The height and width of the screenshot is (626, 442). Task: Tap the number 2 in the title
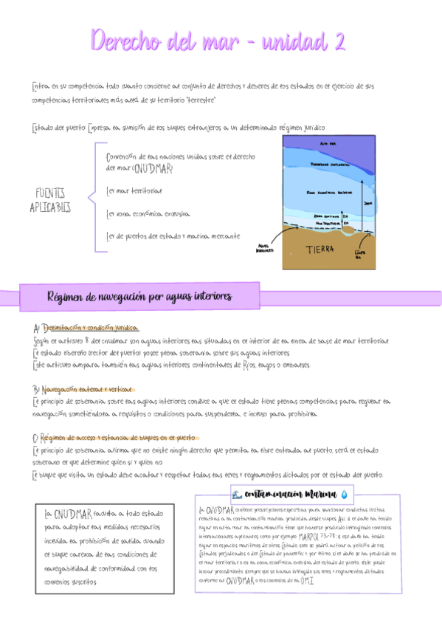pyautogui.click(x=339, y=41)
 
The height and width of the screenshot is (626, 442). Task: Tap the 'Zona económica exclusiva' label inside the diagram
pyautogui.click(x=330, y=192)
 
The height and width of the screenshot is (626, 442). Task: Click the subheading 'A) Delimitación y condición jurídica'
pyautogui.click(x=86, y=327)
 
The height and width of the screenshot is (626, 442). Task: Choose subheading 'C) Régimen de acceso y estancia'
pyautogui.click(x=111, y=437)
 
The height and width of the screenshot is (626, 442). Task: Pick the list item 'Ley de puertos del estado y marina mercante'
pyautogui.click(x=173, y=236)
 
